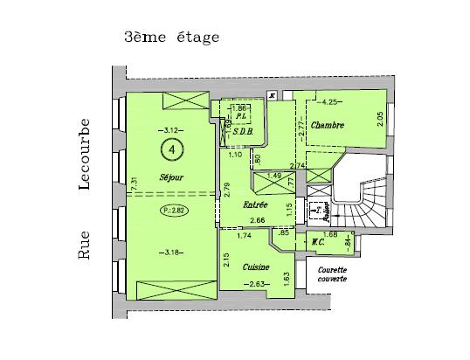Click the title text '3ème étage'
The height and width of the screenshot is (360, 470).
(171, 38)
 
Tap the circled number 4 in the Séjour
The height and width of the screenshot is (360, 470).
(173, 150)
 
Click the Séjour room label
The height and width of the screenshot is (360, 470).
(171, 177)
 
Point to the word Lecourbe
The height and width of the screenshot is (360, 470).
(86, 153)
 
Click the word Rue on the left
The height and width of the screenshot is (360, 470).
(86, 246)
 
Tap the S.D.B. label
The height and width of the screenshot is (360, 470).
(242, 133)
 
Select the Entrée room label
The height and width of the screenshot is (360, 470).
(255, 204)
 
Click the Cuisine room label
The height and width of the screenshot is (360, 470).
(256, 267)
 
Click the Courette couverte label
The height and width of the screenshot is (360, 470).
(333, 274)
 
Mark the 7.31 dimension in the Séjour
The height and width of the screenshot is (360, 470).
(133, 185)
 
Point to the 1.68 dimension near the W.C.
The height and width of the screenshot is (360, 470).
(330, 233)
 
